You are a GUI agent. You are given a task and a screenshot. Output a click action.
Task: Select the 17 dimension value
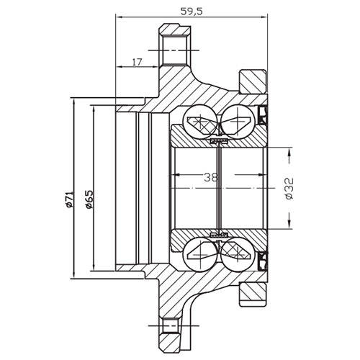click(136, 62)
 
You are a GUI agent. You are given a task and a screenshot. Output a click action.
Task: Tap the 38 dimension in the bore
click(209, 176)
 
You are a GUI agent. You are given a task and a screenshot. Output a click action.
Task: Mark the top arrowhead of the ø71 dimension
click(74, 99)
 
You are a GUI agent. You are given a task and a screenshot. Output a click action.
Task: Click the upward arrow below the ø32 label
click(288, 216)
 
